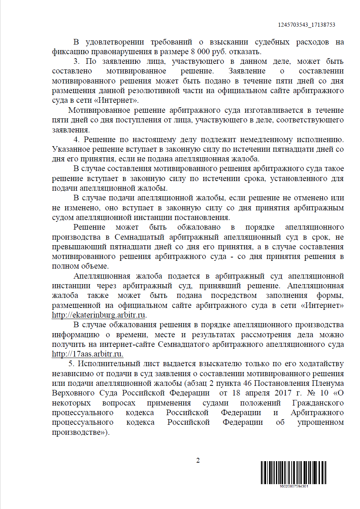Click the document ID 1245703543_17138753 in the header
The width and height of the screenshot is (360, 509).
[x=307, y=25]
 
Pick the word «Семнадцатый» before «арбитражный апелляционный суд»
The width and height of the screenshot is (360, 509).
[x=138, y=237]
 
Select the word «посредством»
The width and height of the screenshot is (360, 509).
[x=234, y=295]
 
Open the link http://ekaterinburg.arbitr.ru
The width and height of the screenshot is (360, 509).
[x=98, y=315]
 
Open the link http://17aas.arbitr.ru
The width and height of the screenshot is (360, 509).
[x=87, y=354]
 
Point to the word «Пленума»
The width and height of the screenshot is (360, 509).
[x=328, y=383]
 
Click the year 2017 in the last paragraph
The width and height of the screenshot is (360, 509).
[x=283, y=393]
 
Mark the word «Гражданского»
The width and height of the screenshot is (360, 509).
[x=318, y=403]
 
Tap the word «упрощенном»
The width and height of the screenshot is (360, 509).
[x=320, y=422]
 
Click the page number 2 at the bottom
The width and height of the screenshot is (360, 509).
[x=198, y=460]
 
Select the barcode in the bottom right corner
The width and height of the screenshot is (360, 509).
[x=293, y=472]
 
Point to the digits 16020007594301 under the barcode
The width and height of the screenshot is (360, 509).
[x=294, y=486]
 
